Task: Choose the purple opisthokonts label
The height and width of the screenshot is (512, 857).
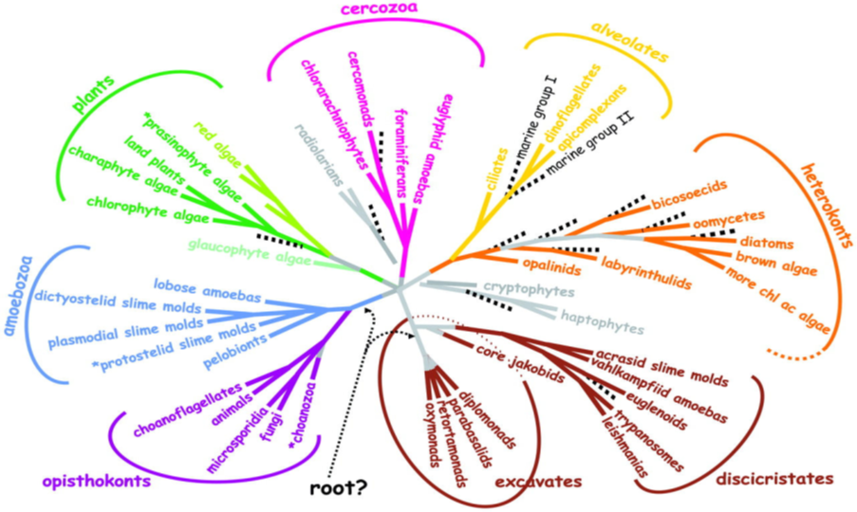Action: point(96,480)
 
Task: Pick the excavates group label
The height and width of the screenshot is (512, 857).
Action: point(538,482)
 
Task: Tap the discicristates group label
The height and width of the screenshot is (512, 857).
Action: point(774,480)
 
